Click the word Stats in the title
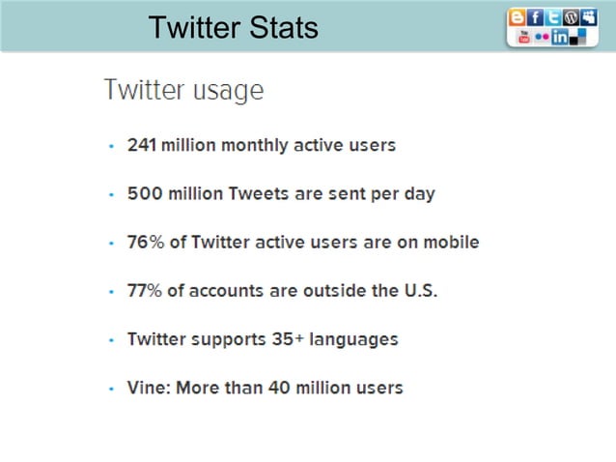pos(280,28)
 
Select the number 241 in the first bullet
pos(142,146)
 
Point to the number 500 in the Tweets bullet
pos(143,193)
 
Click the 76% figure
pos(145,242)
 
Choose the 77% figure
pos(145,290)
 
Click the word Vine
pos(144,388)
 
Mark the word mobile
pos(451,242)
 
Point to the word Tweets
pos(258,193)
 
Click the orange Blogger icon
pos(518,17)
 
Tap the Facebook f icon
pos(536,17)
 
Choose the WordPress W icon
pos(571,17)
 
